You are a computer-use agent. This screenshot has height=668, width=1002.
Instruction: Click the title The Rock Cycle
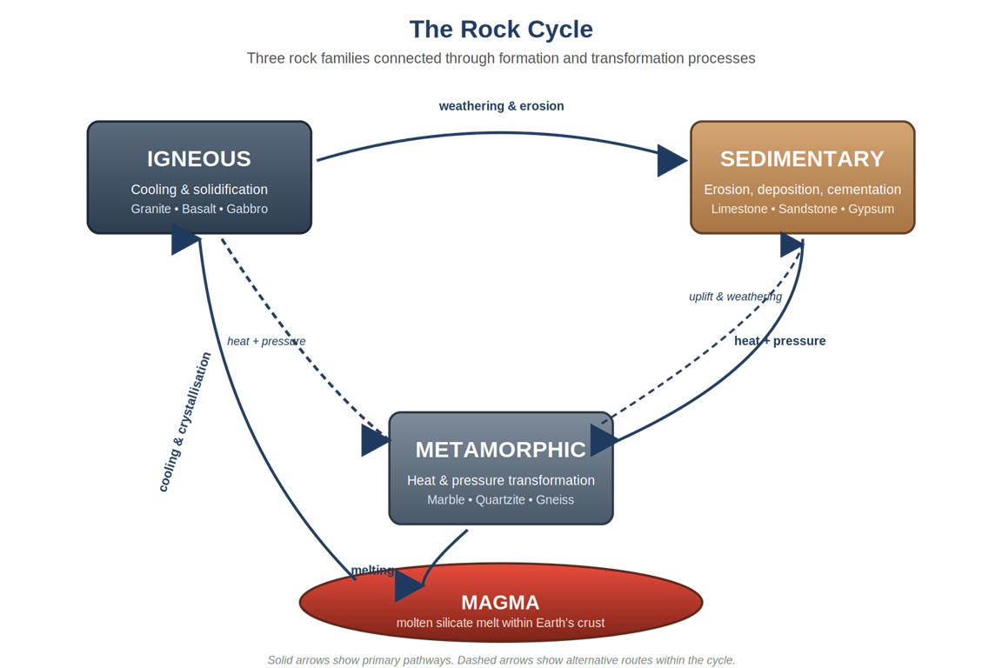[x=501, y=30]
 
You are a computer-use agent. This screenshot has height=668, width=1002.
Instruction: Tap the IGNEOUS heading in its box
[x=198, y=159]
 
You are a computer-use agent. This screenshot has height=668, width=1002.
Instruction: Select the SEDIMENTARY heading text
[x=802, y=159]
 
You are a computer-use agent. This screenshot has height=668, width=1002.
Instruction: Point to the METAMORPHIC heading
[x=500, y=450]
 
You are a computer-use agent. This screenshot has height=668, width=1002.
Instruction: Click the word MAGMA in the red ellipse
[x=500, y=602]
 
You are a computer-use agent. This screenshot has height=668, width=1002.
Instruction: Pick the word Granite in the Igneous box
[x=150, y=209]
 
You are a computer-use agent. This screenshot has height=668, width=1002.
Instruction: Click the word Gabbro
[x=247, y=209]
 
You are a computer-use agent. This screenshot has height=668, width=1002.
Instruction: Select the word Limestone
[x=739, y=209]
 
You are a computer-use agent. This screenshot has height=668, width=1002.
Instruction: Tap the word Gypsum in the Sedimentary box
[x=871, y=209]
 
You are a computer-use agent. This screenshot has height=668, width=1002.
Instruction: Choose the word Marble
[x=445, y=500]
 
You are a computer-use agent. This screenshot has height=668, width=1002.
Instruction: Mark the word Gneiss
[x=555, y=500]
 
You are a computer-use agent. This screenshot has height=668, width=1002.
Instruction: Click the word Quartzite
[x=500, y=500]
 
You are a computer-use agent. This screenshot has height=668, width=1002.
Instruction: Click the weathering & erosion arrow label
[x=501, y=106]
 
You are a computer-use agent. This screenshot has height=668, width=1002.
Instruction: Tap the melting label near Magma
[x=372, y=571]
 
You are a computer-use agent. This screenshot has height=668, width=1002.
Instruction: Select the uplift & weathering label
[x=735, y=297]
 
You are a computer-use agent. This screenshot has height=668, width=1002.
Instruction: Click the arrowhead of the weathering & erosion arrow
[x=671, y=160]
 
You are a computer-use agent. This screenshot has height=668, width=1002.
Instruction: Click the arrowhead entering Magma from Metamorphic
[x=409, y=587]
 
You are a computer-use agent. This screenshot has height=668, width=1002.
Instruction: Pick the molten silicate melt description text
[x=500, y=623]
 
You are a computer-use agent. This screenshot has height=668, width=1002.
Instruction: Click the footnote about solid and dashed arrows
[x=501, y=660]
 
